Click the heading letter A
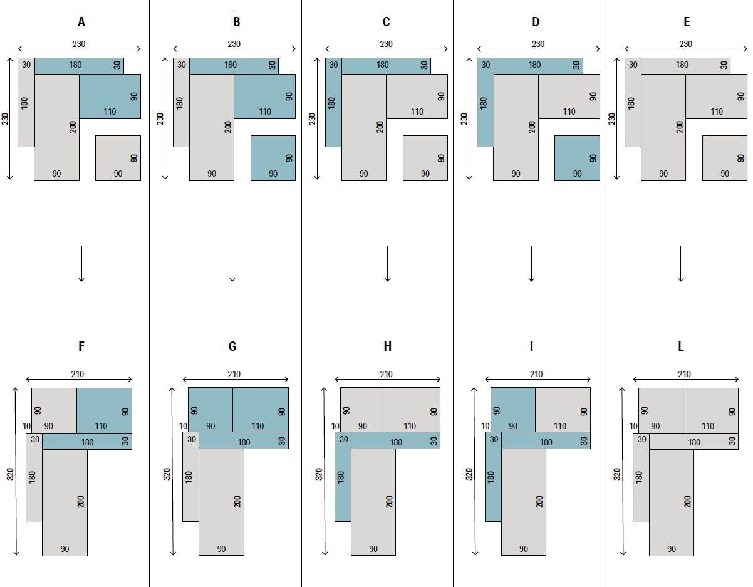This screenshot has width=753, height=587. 81,22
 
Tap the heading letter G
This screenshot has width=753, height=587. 232,346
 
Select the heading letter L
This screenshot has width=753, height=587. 680,346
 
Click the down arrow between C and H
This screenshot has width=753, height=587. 387,263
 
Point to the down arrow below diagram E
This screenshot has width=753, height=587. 680,263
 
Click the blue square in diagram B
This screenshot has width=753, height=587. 273,158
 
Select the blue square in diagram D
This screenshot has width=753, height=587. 577,158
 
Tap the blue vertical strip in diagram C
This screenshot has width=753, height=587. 333,102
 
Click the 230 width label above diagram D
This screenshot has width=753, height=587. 537,44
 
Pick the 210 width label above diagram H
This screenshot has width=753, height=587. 386,374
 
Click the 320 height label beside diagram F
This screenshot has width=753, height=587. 10,474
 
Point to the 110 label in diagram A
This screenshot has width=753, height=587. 110,112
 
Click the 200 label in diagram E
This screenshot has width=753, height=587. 679,127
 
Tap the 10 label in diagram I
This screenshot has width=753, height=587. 486,426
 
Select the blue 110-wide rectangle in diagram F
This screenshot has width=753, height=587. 104,410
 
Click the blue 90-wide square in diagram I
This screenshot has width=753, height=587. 513,410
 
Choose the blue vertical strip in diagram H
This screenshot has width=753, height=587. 343,477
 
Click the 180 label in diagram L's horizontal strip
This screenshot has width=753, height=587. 694,442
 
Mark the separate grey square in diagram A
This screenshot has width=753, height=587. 118,158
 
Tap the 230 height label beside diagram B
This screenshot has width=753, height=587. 160,118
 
